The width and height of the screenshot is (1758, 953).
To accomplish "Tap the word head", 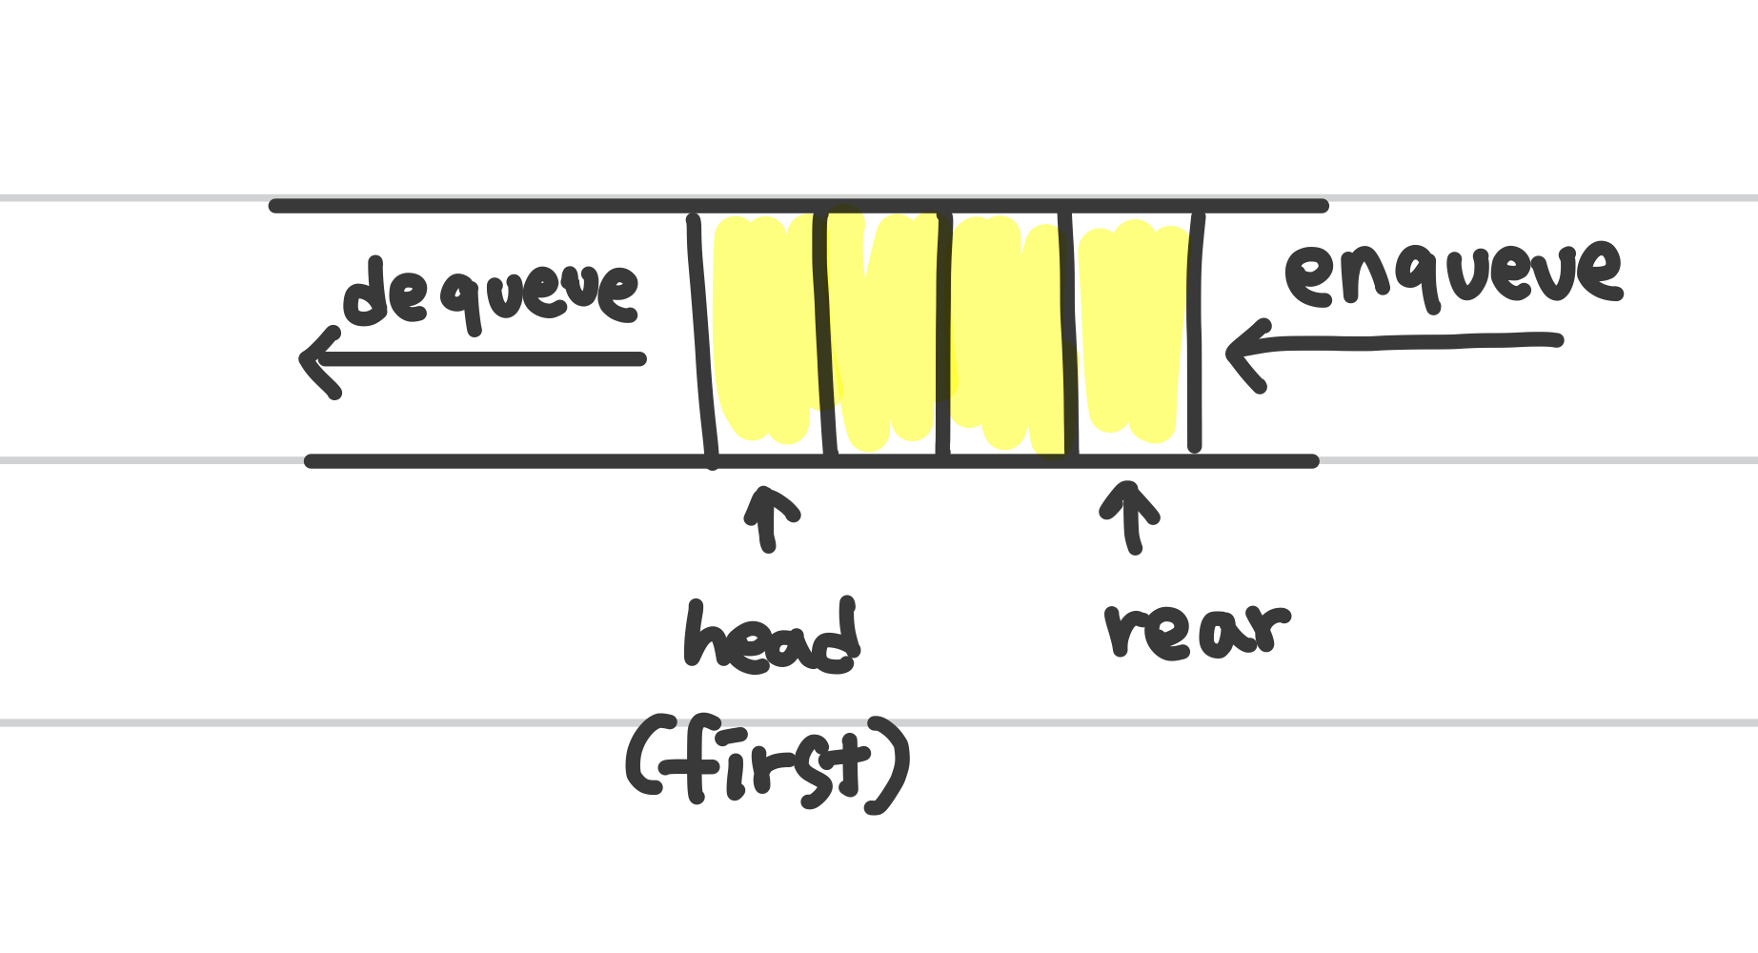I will [772, 637].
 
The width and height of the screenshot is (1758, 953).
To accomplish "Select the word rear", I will [1196, 630].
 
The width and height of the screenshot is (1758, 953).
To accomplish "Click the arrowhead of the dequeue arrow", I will [314, 360].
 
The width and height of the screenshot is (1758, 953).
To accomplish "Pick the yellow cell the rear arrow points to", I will [1132, 334].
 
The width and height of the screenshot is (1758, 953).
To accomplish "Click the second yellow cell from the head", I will [886, 334].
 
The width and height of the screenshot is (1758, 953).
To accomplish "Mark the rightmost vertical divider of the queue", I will [1196, 334].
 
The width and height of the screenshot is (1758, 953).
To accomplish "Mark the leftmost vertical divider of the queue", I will [702, 334].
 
